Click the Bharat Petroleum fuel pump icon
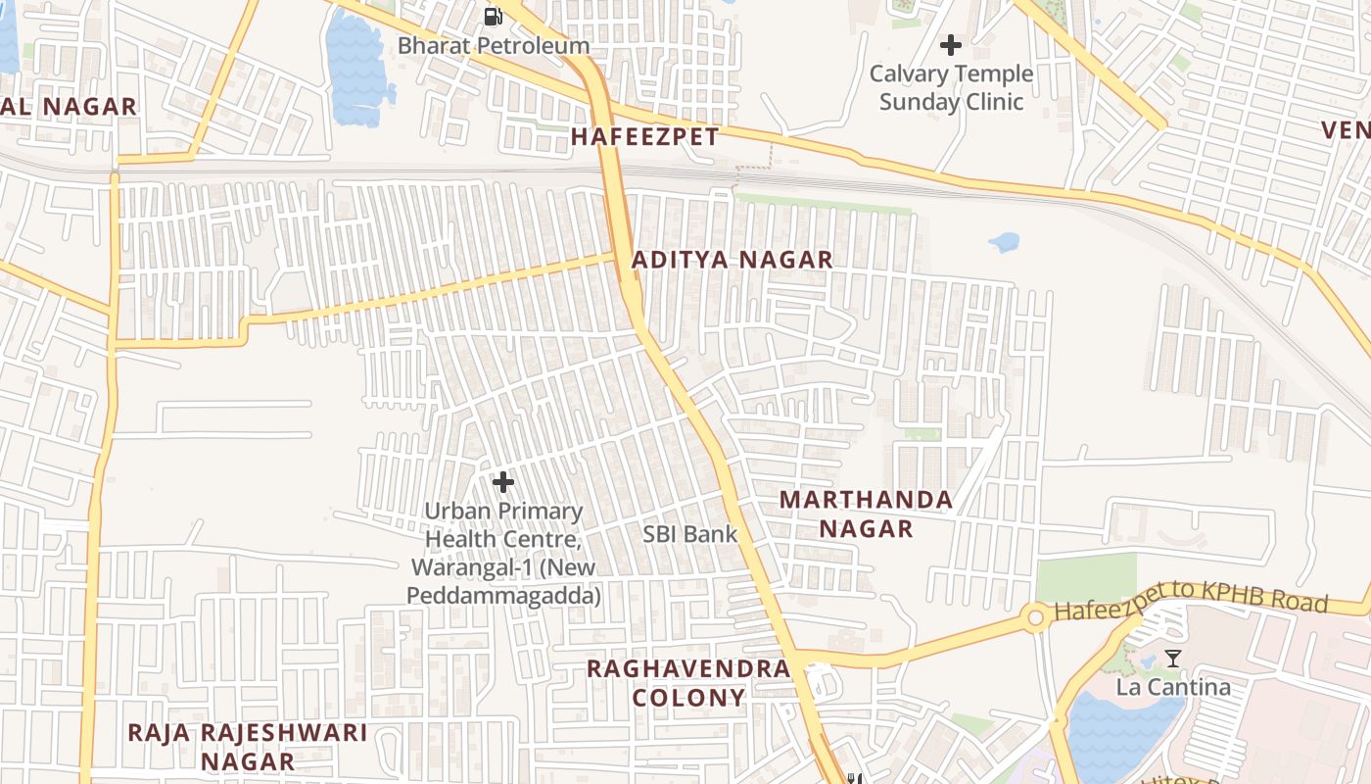(x=494, y=16)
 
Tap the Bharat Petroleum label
(x=494, y=45)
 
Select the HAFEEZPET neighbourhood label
(x=644, y=136)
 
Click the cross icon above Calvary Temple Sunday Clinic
(x=950, y=45)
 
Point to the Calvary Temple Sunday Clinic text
(x=951, y=87)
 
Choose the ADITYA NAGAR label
(x=733, y=260)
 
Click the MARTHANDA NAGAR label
(x=866, y=514)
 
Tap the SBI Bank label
(x=689, y=534)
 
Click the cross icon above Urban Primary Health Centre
(x=503, y=482)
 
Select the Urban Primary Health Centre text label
(x=503, y=553)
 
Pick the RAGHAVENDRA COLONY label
(x=687, y=682)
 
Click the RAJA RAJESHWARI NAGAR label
(x=247, y=746)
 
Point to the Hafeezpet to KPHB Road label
(x=1190, y=605)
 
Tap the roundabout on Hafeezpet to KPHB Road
(x=1035, y=617)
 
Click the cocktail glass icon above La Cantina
(x=1173, y=659)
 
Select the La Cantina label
(x=1173, y=686)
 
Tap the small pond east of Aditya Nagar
(x=1004, y=241)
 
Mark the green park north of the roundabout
(x=1086, y=577)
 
